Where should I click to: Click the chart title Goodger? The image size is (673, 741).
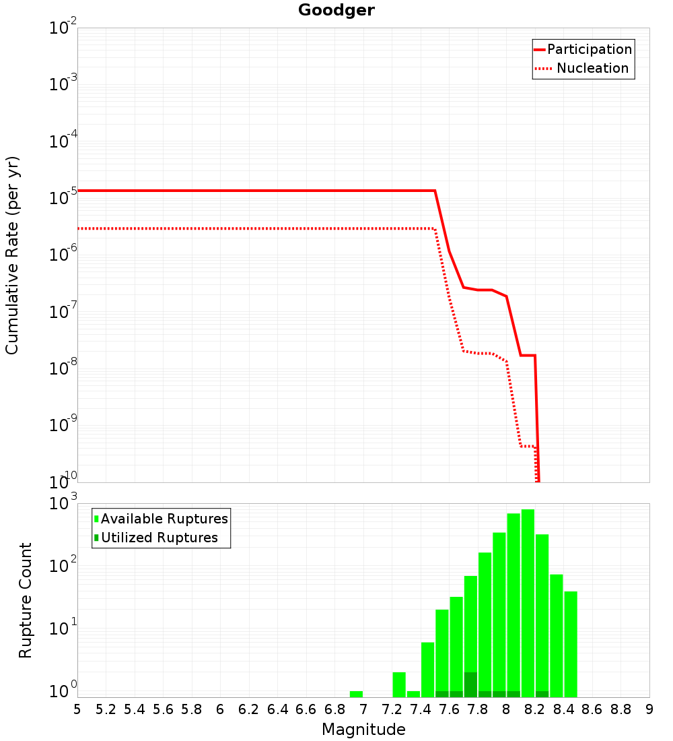[336, 10]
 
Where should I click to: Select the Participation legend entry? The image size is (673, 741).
[583, 49]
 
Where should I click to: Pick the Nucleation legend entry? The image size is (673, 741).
[582, 68]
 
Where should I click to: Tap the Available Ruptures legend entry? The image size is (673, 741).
[161, 519]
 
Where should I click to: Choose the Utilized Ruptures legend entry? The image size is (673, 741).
[156, 538]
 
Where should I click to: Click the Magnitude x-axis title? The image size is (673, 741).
[363, 729]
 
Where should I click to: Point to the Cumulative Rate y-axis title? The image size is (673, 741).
[12, 255]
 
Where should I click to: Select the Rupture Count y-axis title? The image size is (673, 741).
[25, 600]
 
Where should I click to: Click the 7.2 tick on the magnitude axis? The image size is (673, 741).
[392, 709]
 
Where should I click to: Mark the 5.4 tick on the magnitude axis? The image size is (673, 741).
[134, 709]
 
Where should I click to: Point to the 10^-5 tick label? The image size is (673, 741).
[63, 195]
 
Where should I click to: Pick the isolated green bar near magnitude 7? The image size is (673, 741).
[356, 694]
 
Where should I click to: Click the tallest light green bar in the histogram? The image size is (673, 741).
[528, 603]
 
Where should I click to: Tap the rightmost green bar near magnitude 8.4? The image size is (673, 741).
[571, 644]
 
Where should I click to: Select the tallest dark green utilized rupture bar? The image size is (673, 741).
[470, 684]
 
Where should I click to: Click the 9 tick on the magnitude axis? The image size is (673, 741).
[649, 709]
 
